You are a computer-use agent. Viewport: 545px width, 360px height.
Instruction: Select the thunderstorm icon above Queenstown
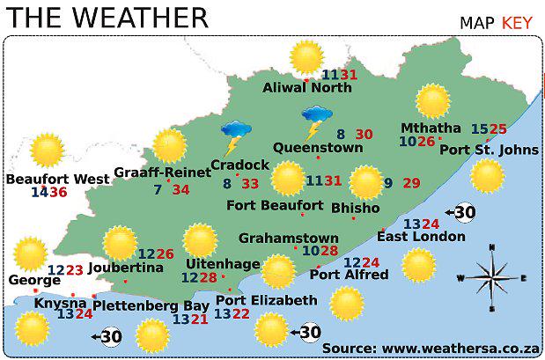[315, 121]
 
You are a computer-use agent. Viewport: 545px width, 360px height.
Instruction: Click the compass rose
[490, 277]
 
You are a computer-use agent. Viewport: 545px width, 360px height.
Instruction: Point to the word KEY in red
[517, 22]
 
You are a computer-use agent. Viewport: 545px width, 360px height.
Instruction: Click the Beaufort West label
[57, 179]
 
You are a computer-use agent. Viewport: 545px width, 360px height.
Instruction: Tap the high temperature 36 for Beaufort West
[58, 192]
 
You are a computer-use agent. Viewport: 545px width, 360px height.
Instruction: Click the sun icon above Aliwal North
[306, 58]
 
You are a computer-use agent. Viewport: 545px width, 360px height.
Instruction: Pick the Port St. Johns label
[489, 150]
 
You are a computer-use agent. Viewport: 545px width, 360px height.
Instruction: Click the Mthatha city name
[430, 127]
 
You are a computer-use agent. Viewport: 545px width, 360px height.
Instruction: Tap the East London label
[421, 236]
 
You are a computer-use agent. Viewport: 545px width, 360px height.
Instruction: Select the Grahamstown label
[288, 238]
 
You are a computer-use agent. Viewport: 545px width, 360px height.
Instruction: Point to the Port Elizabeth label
[266, 300]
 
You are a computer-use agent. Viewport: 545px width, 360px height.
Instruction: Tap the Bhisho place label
[355, 209]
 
